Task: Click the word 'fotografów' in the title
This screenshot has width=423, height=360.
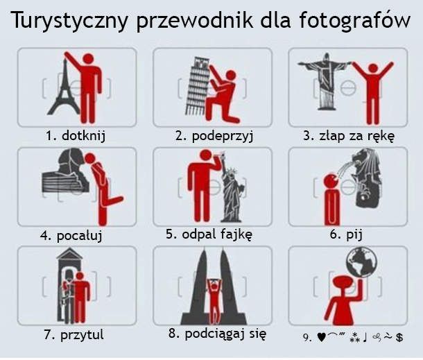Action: click(x=354, y=19)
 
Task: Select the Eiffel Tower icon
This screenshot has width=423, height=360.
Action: click(x=64, y=87)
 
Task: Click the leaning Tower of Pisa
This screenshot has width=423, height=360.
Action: click(x=197, y=86)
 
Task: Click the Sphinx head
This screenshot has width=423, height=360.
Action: click(x=66, y=171)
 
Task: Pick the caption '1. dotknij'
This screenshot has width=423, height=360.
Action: click(x=76, y=135)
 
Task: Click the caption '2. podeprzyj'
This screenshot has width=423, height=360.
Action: click(x=214, y=136)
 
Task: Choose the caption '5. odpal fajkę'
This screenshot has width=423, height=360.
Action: click(x=209, y=234)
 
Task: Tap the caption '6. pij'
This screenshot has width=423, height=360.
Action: click(x=346, y=234)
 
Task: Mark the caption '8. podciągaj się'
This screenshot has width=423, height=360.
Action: click(x=218, y=334)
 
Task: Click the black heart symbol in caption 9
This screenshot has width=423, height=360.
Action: click(x=322, y=337)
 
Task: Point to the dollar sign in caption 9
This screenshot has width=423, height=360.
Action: click(x=399, y=337)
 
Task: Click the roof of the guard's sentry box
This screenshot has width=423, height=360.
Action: click(x=69, y=254)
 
